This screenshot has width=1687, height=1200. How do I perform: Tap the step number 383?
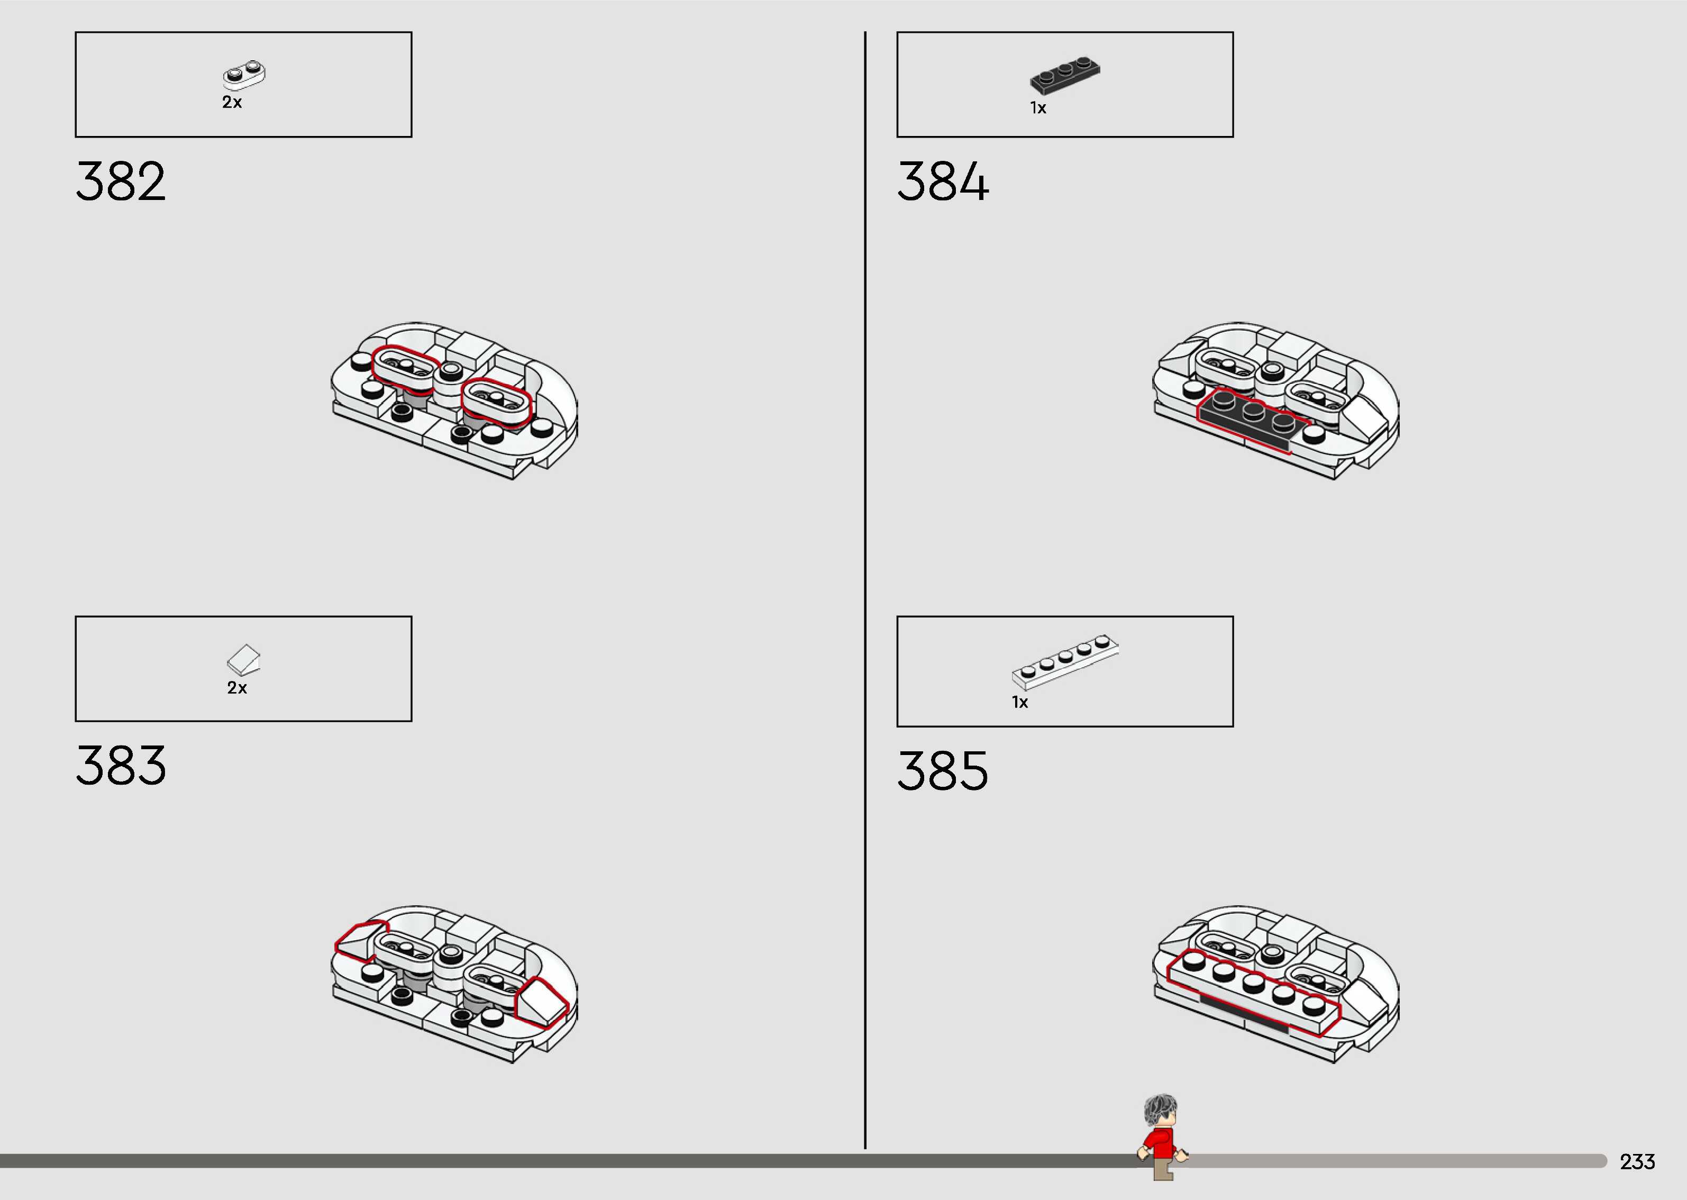pos(121,766)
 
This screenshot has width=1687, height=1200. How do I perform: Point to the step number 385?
pos(943,771)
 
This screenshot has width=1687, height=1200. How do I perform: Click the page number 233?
pos(1637,1161)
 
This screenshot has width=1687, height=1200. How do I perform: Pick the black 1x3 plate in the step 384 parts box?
pos(1064,75)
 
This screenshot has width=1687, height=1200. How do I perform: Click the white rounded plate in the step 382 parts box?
pos(244,74)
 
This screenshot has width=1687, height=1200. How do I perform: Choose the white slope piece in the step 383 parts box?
pos(244,658)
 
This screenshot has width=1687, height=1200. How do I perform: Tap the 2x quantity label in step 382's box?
pos(232,103)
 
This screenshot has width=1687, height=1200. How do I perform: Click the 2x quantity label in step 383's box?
pos(237,688)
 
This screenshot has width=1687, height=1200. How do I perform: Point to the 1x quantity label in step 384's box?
pos(1038,108)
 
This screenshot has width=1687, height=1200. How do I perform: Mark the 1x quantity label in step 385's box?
pos(1020,703)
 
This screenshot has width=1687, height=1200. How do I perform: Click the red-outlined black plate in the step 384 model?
pos(1248,418)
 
